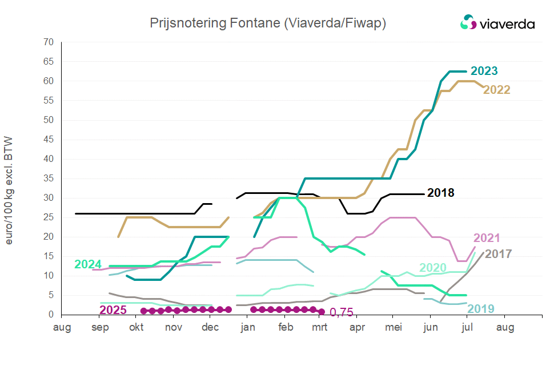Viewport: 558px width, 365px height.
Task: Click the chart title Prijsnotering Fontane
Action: pos(268,23)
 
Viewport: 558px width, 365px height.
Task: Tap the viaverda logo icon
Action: pos(468,23)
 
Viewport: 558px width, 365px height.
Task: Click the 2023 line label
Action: pos(484,72)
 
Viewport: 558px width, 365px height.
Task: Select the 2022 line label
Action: pos(496,90)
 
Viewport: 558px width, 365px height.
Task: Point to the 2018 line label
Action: pos(440,193)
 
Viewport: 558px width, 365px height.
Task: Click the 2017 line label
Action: pos(498,253)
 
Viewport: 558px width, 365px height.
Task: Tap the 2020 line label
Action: pos(433,268)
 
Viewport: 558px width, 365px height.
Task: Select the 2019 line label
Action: pos(481,309)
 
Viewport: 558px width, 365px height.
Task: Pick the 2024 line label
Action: pos(89,264)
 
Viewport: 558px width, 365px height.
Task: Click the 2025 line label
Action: pos(113,310)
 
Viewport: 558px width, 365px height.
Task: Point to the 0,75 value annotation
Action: pos(341,312)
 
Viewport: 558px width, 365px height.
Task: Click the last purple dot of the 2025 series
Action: pos(322,312)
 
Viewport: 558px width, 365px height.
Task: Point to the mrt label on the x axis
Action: pos(320,328)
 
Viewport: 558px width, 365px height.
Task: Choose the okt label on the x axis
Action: pos(137,328)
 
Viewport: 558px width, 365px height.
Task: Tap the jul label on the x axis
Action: pos(467,328)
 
